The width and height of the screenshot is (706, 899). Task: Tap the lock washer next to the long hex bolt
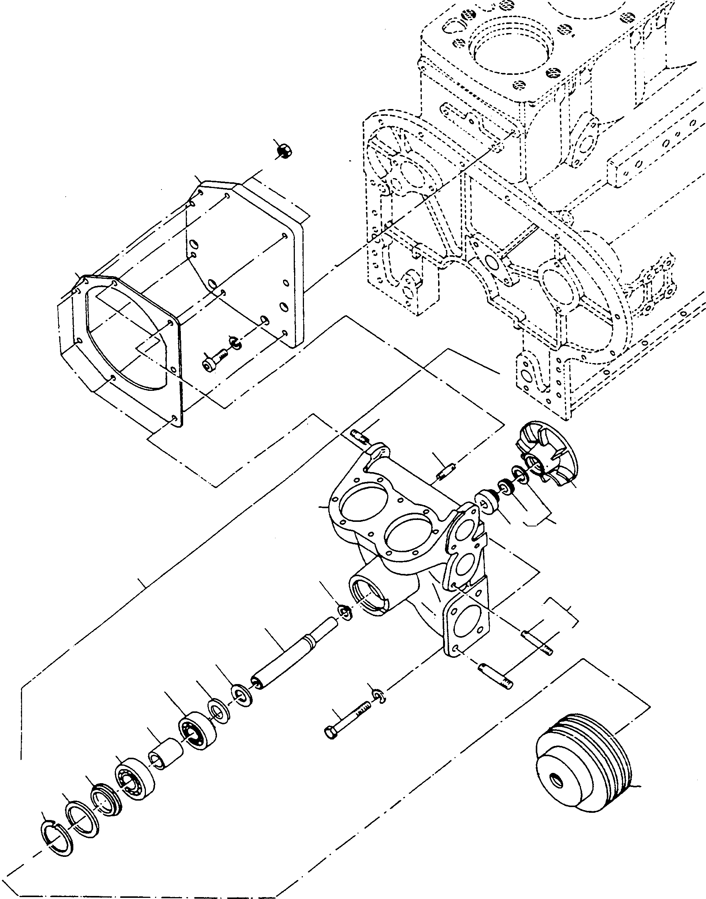click(x=378, y=695)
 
